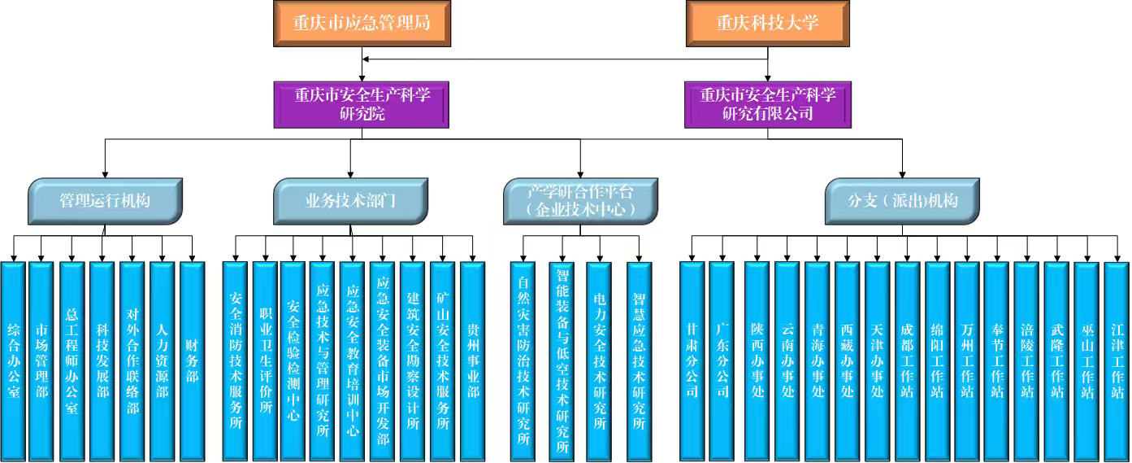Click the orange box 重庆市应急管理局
362,23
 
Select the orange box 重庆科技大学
767,23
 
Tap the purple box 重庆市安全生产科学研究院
362,104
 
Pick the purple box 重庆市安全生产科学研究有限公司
767,104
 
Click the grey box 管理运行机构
105,201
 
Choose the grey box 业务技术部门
349,201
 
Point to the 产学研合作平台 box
579,201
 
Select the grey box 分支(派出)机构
902,201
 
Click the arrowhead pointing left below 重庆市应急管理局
367,59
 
